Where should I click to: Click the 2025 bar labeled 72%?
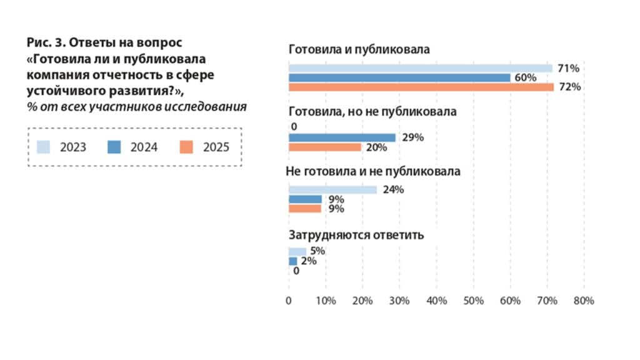421,87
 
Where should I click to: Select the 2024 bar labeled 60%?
399,77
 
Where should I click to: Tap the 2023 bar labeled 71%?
420,68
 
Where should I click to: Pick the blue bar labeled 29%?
342,137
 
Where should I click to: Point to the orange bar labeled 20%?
325,147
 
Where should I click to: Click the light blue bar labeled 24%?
332,190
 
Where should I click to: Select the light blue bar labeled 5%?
297,251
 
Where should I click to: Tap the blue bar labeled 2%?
292,261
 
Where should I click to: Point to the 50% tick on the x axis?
473,301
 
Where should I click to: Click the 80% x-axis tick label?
584,301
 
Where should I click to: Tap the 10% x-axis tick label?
326,301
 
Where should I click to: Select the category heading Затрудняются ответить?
356,236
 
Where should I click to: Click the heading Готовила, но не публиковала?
372,112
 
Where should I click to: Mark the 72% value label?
570,87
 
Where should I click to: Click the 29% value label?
413,137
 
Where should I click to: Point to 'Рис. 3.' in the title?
45,43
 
